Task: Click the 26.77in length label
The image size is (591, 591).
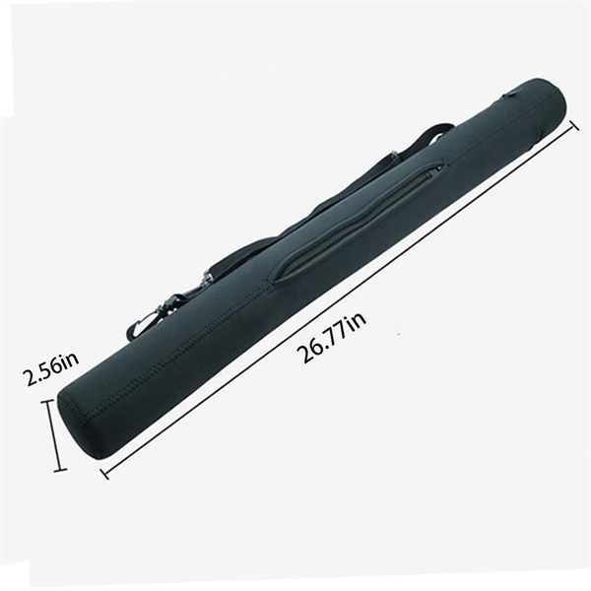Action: coord(331,338)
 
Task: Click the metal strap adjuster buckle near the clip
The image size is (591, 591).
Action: coord(207,279)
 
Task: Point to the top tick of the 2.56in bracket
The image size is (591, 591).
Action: coord(48,403)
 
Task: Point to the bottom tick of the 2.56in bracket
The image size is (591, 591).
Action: coord(60,469)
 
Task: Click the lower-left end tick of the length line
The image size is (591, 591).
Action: coord(104,474)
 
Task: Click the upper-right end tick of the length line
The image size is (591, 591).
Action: coord(574,126)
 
